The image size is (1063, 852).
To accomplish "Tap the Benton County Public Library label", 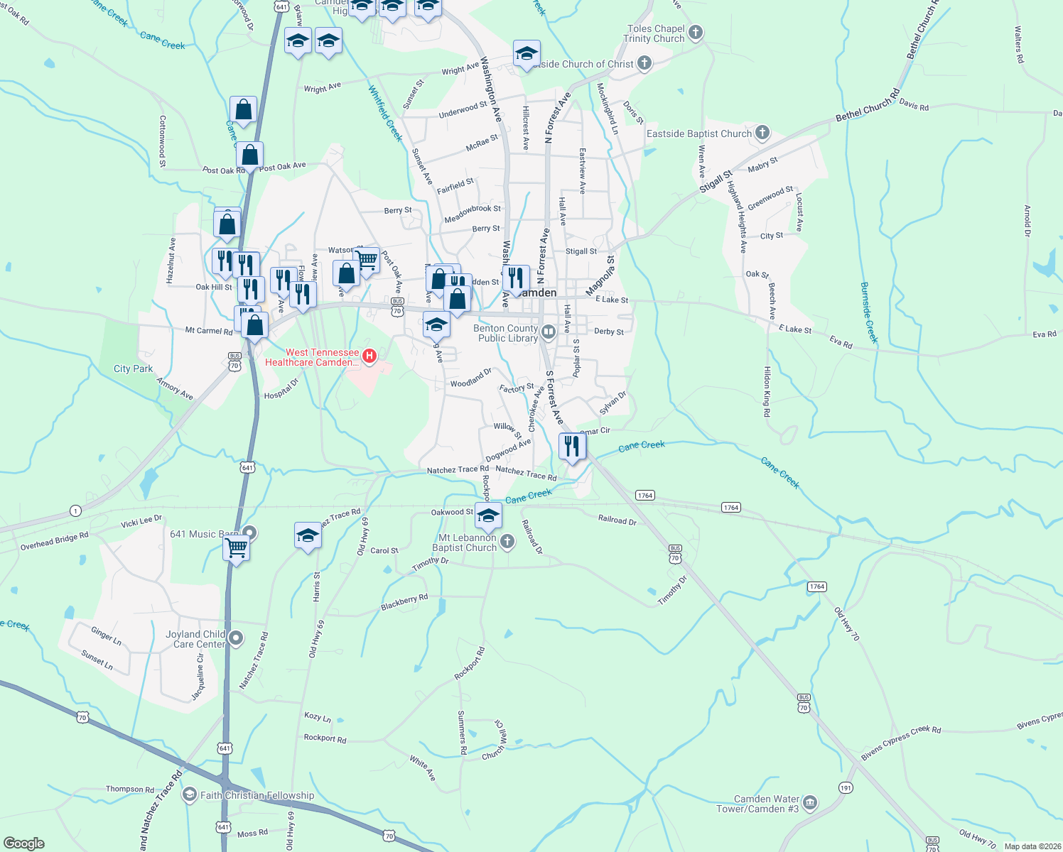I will tap(507, 333).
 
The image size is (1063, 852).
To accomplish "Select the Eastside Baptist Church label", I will tap(698, 133).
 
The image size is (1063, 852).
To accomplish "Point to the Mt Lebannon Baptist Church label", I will tap(465, 542).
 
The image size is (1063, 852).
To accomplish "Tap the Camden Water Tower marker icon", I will tap(810, 803).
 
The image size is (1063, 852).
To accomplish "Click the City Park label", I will tap(133, 368).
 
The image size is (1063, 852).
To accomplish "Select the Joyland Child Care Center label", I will tap(195, 639).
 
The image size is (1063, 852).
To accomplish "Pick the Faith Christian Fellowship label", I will tap(257, 795).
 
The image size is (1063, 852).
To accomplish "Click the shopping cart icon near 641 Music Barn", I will tap(236, 548).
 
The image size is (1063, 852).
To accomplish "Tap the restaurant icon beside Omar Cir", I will tap(572, 446).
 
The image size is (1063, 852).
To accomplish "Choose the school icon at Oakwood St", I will tap(488, 516).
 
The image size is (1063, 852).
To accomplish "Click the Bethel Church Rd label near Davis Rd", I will tap(868, 104).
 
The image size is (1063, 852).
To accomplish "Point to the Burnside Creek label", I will tap(869, 312).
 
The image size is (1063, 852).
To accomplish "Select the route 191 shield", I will tap(846, 787).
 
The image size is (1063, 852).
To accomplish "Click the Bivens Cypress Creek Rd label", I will tap(900, 743).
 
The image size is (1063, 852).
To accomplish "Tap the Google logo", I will tap(24, 843).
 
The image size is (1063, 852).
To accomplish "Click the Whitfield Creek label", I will tap(385, 114).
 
